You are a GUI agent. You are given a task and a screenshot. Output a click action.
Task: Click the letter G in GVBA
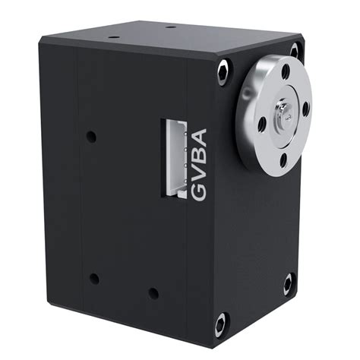click(200, 193)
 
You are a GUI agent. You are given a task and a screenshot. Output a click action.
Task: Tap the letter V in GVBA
click(200, 175)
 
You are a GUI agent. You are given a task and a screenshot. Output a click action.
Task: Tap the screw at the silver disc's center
click(283, 114)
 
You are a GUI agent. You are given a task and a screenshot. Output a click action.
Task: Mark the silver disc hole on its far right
click(306, 109)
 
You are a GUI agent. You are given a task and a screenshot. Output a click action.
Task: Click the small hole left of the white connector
click(91, 137)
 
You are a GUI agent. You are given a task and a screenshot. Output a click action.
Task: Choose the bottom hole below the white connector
click(153, 292)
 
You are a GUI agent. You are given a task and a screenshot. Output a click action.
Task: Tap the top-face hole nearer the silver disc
click(171, 27)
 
